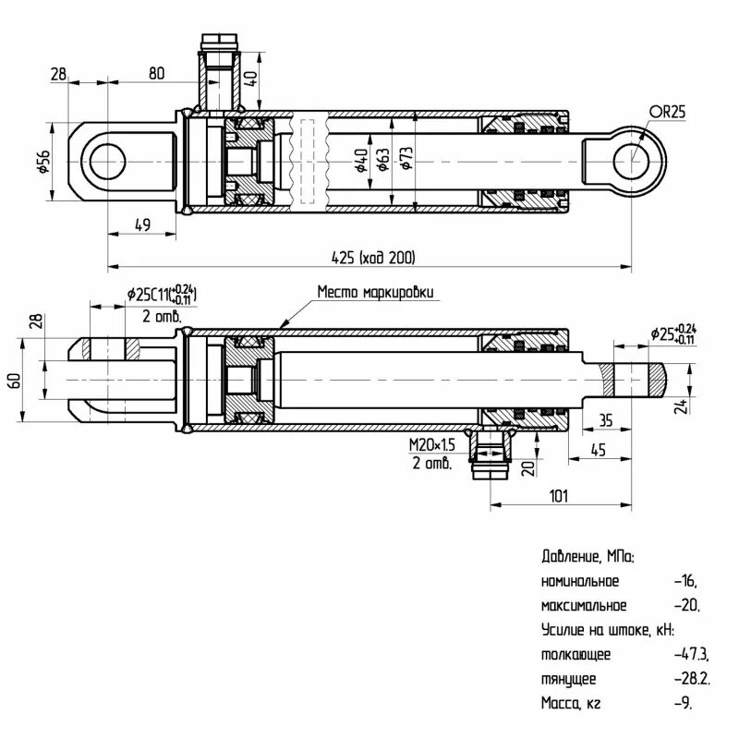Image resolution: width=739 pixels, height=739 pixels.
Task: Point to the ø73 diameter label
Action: pos(405,160)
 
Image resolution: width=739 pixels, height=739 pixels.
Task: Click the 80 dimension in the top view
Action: pos(156,73)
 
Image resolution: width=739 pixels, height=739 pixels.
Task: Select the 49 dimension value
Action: pos(142,224)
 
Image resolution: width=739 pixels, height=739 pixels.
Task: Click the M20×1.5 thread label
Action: pos(432,446)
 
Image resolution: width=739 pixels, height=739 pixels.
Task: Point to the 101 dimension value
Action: pos(559,495)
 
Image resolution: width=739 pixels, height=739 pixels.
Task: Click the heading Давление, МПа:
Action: pos(588,557)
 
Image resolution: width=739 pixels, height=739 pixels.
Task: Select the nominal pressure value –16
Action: pos(684,581)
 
